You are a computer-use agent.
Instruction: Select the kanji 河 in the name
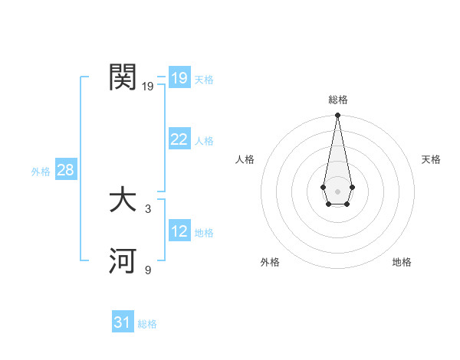coord(123,261)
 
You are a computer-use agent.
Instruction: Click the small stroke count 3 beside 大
coord(148,208)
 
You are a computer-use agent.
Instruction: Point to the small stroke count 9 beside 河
coord(148,270)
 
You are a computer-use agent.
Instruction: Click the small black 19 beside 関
coord(147,87)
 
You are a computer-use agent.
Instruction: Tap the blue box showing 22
coord(179,139)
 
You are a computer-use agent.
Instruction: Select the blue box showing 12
coord(179,231)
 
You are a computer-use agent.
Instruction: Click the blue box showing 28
coord(65,170)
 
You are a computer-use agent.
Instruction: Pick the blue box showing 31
coord(123,323)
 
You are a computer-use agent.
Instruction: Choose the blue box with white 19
coord(179,78)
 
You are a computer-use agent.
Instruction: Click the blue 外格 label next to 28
coord(41,172)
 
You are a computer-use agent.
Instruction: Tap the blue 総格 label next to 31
coord(147,325)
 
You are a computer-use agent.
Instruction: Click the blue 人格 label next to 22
coord(204,141)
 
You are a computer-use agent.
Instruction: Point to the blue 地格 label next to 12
coord(204,233)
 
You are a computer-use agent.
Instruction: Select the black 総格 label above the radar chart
coord(337,100)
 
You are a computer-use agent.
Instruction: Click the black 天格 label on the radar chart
coord(431,159)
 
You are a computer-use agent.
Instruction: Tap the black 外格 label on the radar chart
coord(270,262)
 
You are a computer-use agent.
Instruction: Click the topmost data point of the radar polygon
coord(337,116)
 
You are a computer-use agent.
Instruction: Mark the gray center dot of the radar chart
coord(337,191)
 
